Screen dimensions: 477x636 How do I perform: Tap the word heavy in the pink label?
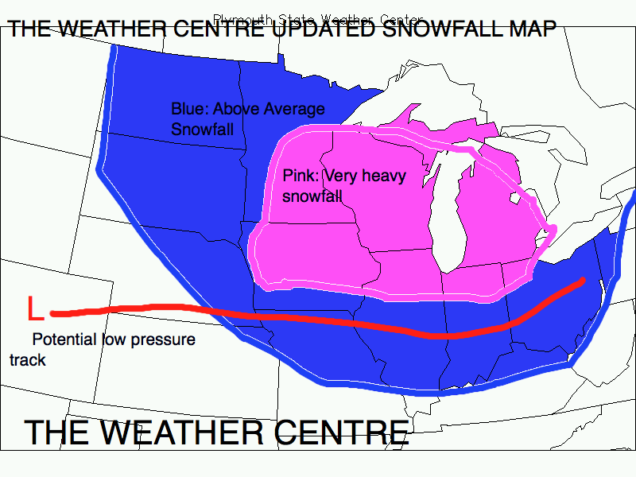383,176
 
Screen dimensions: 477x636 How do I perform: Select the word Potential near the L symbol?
65,340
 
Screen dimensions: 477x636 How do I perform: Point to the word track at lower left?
27,360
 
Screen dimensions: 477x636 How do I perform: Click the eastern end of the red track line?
582,281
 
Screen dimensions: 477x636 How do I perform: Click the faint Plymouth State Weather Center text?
318,18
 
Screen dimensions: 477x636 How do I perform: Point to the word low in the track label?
114,340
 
